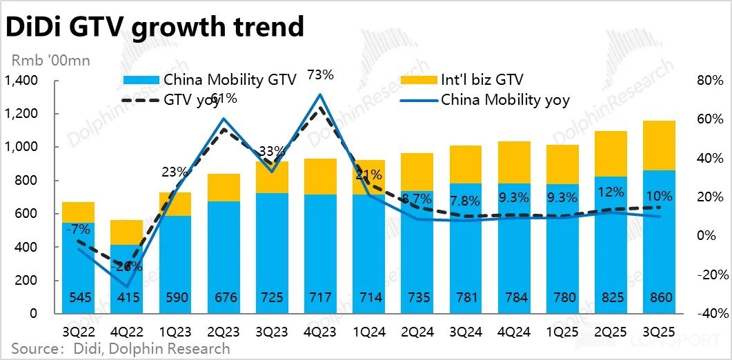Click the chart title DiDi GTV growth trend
coord(155,27)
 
